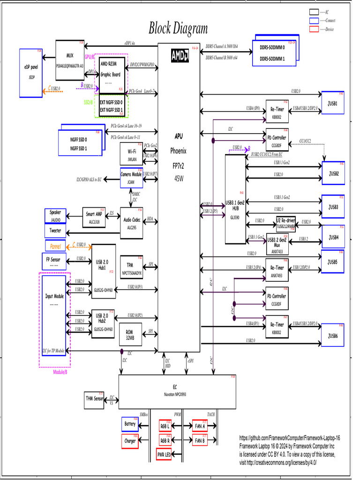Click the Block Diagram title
coord(178,29)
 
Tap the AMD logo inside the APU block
coord(179,56)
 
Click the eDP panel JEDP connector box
coord(31,73)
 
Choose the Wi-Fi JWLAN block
coord(131,154)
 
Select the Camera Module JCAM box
coord(131,177)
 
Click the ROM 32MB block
coord(130,334)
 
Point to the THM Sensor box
coord(94,398)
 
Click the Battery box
coord(130,424)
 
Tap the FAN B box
coord(200,441)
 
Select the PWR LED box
coord(164,455)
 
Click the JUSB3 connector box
coord(334,206)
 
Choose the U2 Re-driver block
coord(285,223)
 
